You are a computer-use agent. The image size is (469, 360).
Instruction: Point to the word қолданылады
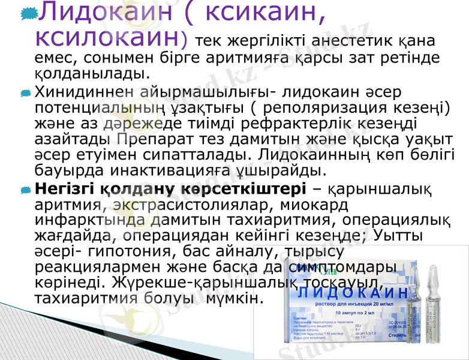[x=90, y=74]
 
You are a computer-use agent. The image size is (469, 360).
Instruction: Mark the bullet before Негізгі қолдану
[x=25, y=190]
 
